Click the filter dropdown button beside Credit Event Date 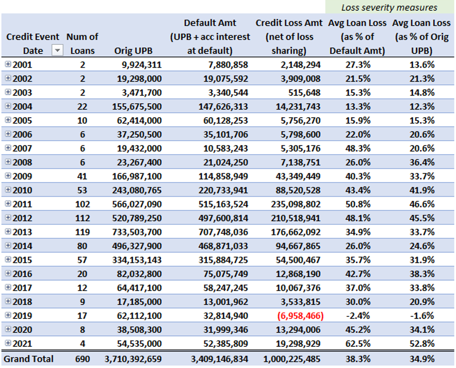click(57, 51)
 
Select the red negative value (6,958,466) click(300, 316)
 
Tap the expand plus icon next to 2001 click(8, 64)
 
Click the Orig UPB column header click(133, 51)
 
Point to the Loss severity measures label click(389, 8)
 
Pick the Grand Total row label click(28, 359)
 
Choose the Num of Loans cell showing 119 click(83, 232)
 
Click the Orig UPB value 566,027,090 click(137, 204)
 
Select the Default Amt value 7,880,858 click(228, 65)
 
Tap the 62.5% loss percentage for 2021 click(357, 344)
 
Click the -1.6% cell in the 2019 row click(422, 316)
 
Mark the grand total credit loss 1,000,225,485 click(291, 359)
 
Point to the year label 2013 click(22, 232)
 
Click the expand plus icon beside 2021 click(8, 343)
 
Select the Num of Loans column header click(83, 44)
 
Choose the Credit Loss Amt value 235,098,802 click(296, 204)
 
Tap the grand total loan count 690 click(83, 359)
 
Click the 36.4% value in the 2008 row click(422, 162)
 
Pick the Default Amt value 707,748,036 click(223, 232)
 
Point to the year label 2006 click(22, 134)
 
